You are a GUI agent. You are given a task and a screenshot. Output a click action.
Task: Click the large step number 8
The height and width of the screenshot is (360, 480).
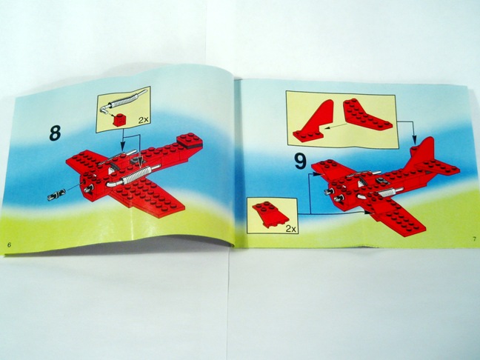coord(55,133)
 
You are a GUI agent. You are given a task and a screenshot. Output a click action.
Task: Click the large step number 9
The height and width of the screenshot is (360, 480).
coord(300,161)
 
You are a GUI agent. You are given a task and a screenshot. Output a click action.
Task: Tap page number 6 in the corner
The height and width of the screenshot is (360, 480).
coord(9,244)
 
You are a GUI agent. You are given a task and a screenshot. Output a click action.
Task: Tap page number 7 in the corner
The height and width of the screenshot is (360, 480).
coord(473,239)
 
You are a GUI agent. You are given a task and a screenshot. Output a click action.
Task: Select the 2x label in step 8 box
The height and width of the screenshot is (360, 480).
coord(143,120)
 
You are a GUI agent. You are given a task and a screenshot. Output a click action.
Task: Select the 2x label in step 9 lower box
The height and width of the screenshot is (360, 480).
coord(291,228)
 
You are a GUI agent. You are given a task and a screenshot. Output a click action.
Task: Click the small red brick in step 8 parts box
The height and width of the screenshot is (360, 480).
coord(119,120)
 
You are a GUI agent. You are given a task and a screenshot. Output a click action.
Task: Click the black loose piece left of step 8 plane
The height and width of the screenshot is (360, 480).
coord(56,195)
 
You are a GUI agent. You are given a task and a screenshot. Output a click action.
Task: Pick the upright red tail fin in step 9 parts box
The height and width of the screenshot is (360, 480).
coord(313,121)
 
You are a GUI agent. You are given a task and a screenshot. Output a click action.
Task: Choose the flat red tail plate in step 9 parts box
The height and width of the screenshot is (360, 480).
coord(367,115)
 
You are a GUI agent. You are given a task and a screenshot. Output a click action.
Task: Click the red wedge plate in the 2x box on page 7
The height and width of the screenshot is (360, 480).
coord(270,214)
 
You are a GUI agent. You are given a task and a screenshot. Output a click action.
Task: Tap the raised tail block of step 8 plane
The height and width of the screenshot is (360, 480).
coord(190,141)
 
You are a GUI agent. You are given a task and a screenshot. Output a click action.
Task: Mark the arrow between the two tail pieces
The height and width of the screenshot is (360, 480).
coord(336,126)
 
